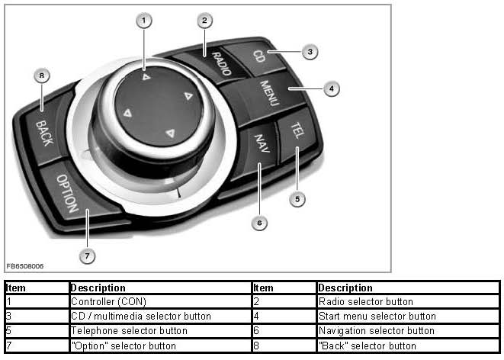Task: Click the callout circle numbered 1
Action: click(x=143, y=21)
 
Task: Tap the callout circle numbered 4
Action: click(x=330, y=89)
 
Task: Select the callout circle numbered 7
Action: click(x=88, y=256)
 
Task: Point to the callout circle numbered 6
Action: click(x=259, y=223)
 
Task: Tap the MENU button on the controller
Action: click(x=268, y=94)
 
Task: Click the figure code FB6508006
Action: click(x=25, y=266)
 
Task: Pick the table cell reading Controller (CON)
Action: click(x=103, y=302)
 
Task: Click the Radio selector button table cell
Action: click(x=365, y=302)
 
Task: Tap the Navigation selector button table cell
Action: click(x=377, y=330)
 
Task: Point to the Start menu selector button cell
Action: click(x=377, y=316)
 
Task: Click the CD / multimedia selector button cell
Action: click(x=140, y=316)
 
